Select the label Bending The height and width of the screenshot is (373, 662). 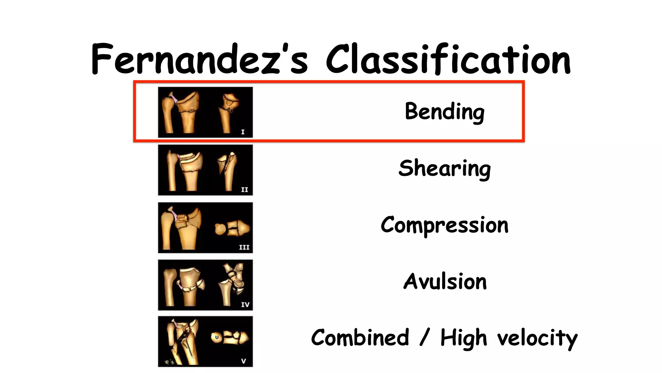pos(444,112)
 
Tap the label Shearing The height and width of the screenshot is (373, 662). pos(444,169)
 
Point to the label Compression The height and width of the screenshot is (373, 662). pos(444,225)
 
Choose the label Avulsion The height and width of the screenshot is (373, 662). pos(445,281)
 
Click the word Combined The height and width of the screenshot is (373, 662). pos(360,338)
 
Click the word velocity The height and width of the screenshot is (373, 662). pos(537,338)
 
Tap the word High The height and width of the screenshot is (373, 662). pos(464,338)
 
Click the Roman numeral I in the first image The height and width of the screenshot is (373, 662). pos(243,132)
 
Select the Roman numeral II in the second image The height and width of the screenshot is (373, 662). pos(244,190)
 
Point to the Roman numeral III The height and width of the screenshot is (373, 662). pos(244,247)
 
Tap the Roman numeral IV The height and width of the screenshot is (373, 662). pos(245,305)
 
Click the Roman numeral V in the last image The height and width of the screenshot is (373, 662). pos(243,361)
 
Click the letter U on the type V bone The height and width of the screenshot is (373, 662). pos(217,337)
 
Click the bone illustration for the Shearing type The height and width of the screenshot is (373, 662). pos(205,170)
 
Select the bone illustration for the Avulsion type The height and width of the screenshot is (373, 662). pos(205,285)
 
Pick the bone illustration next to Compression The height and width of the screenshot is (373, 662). pos(205,228)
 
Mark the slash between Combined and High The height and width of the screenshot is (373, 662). pos(424,338)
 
